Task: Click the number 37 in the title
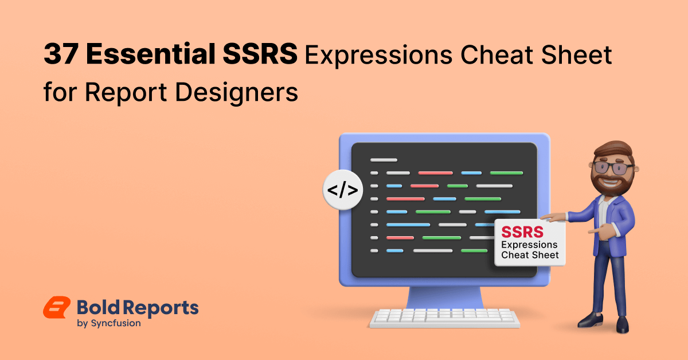pyautogui.click(x=61, y=54)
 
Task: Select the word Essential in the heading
pyautogui.click(x=151, y=54)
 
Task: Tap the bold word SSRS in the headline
pyautogui.click(x=260, y=54)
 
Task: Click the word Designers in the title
pyautogui.click(x=236, y=92)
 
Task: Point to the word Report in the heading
pyautogui.click(x=126, y=93)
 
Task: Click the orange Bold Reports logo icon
pyautogui.click(x=57, y=307)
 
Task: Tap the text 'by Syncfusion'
pyautogui.click(x=109, y=323)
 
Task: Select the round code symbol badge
pyautogui.click(x=343, y=190)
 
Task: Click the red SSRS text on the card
pyautogui.click(x=522, y=232)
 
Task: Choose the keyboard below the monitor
pyautogui.click(x=445, y=318)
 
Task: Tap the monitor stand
pyautogui.click(x=444, y=298)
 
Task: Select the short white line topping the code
pyautogui.click(x=384, y=160)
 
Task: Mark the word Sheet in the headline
pyautogui.click(x=576, y=54)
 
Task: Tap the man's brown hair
pyautogui.click(x=613, y=150)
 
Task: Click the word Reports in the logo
pyautogui.click(x=162, y=308)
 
